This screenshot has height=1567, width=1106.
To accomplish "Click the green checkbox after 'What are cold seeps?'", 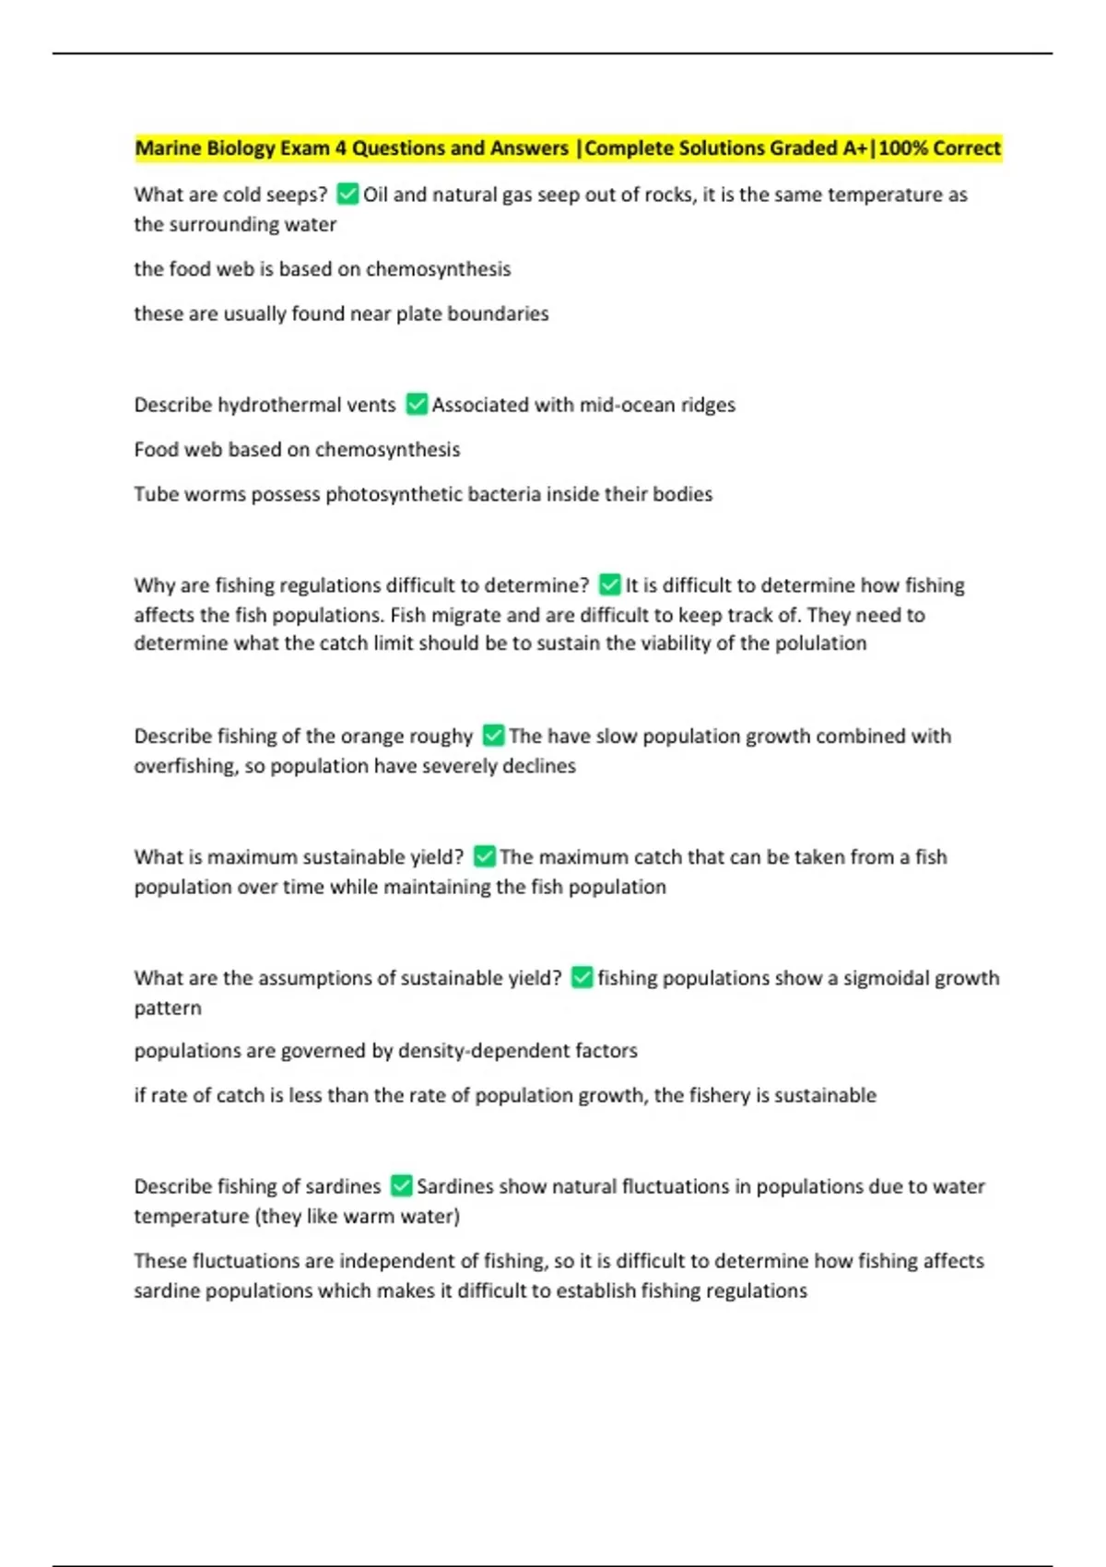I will click(x=347, y=194).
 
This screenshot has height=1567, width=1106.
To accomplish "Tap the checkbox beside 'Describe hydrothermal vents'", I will click(x=417, y=404).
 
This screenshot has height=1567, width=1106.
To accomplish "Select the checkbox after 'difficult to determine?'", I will click(x=609, y=584).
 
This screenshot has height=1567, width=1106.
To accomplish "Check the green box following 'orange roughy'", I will click(x=493, y=735).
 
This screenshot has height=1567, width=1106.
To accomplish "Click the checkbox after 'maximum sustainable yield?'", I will click(x=484, y=856).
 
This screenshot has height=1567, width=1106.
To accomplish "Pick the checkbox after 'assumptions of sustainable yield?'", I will click(x=582, y=977).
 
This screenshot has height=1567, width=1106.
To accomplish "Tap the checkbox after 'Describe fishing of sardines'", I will click(x=401, y=1185).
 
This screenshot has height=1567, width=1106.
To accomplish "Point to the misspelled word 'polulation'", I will click(x=821, y=643).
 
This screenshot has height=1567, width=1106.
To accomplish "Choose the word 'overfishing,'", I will click(x=185, y=766).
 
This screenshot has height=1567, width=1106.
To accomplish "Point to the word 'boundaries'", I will click(x=498, y=313).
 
